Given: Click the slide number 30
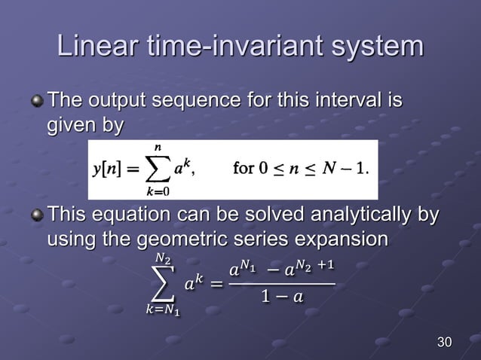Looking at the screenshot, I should [445, 343].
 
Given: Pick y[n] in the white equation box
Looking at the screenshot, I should [106, 169].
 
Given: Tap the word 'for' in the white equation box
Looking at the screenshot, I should [244, 168].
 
